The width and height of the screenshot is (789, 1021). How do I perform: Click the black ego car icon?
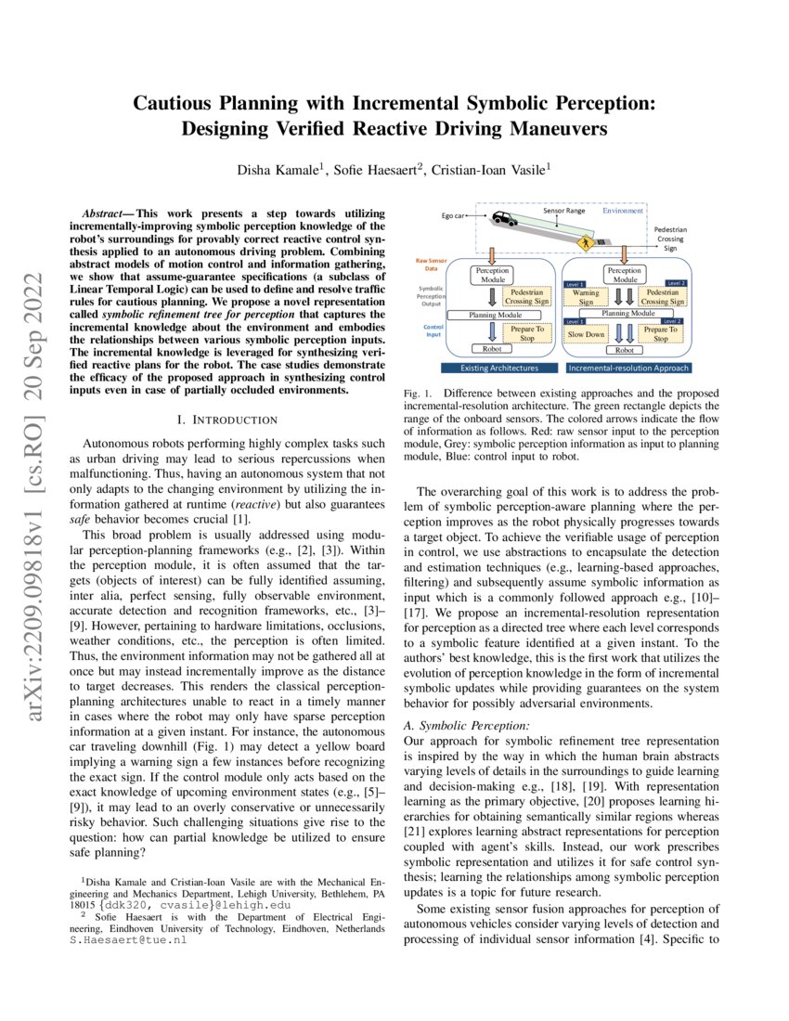(505, 218)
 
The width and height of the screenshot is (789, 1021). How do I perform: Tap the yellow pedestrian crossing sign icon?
(586, 242)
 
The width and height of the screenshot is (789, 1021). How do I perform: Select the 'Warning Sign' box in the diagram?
(586, 297)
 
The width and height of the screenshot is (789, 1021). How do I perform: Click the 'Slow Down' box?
(586, 333)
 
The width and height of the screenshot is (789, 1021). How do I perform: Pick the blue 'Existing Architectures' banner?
(499, 368)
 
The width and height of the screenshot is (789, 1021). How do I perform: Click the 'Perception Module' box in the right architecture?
(625, 274)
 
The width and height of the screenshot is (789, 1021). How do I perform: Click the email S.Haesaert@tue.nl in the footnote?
(128, 940)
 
